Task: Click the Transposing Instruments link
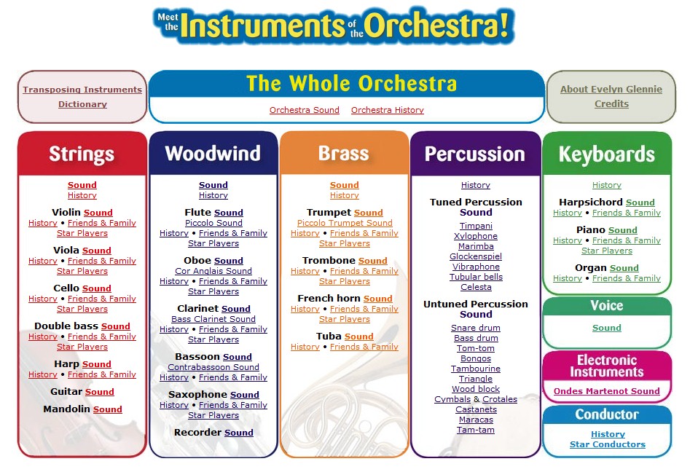82,90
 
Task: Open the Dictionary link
83,104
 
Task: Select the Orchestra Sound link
304,110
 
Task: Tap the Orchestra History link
387,110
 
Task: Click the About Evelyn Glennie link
611,89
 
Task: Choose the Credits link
611,104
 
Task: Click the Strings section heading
82,154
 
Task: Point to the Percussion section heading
475,154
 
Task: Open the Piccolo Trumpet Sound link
345,223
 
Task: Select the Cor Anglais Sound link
213,271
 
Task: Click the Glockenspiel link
476,256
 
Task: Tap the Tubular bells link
476,277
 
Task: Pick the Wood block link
476,389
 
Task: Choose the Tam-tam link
476,430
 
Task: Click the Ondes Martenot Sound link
607,391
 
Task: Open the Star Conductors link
608,444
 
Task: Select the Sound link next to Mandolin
107,409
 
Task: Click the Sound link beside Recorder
238,433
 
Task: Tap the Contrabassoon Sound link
213,367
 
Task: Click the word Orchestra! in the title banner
436,25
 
